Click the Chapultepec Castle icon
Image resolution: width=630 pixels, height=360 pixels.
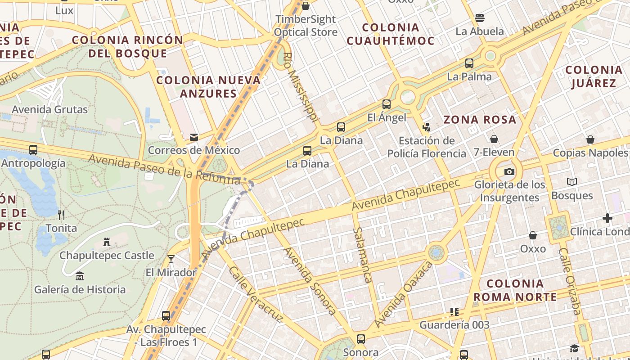(x=107, y=242)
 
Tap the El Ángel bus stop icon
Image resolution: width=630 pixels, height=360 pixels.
(x=386, y=104)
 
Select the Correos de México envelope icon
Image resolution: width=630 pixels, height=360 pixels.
(x=194, y=137)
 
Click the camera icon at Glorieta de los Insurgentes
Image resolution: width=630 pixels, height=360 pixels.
(x=509, y=171)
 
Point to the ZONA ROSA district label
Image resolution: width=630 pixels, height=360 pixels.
(x=480, y=120)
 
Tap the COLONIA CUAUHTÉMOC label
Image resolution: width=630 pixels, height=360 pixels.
(x=391, y=34)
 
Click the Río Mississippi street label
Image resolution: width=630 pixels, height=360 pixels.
(x=301, y=87)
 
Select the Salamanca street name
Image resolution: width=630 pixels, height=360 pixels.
(x=362, y=255)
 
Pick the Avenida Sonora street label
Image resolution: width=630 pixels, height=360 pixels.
(x=309, y=280)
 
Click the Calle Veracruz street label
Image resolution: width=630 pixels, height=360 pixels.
(x=255, y=294)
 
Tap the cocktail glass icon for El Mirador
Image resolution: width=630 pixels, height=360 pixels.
(x=171, y=259)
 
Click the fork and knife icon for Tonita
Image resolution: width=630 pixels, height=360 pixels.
(x=61, y=215)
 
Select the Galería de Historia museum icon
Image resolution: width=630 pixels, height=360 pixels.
(x=80, y=276)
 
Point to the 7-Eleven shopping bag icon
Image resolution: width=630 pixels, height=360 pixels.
(x=494, y=139)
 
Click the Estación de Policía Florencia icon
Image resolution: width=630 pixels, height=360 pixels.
(x=426, y=127)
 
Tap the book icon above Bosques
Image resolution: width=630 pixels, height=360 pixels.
(x=571, y=182)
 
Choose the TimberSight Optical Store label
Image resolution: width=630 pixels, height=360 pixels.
(x=306, y=26)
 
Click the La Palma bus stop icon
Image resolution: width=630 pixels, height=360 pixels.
(x=469, y=63)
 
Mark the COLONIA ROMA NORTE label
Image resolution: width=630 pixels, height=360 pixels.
(x=515, y=290)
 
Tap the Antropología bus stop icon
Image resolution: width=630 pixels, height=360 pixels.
(x=33, y=150)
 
